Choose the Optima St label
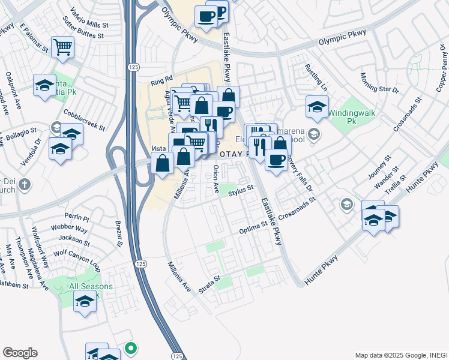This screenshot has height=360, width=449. [x=253, y=227]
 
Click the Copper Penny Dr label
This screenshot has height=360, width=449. [x=442, y=69]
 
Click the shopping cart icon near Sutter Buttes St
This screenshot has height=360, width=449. [x=62, y=47]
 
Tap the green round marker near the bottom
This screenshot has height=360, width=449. [x=130, y=347]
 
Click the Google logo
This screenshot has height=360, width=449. [x=20, y=353]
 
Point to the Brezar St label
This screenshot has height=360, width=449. [x=118, y=235]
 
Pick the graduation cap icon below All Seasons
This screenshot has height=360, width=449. [x=85, y=303]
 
